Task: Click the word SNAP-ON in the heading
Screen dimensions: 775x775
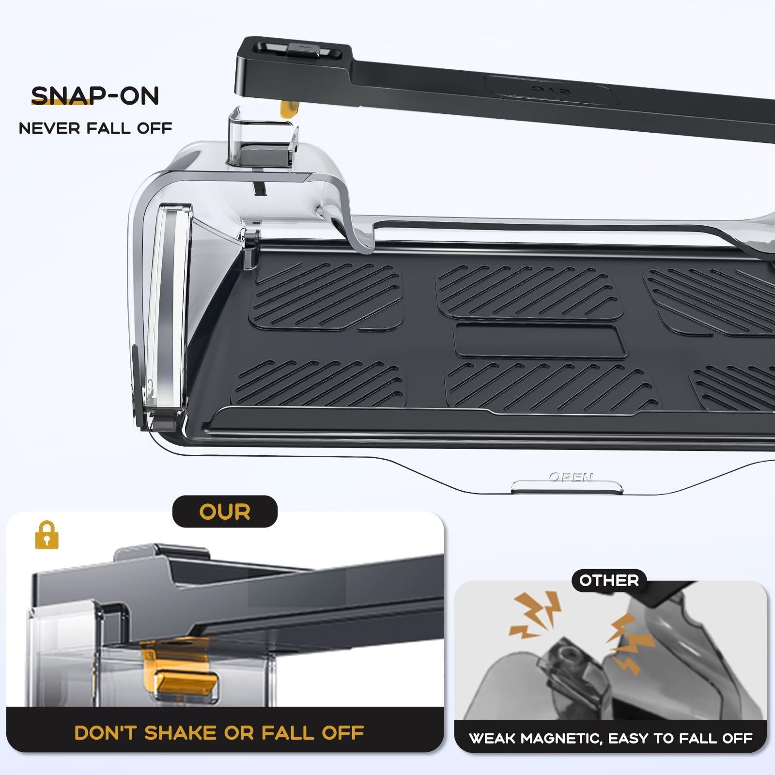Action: pyautogui.click(x=95, y=96)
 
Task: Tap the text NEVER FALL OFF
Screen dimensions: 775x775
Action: pyautogui.click(x=95, y=128)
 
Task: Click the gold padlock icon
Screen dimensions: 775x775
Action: pyautogui.click(x=46, y=535)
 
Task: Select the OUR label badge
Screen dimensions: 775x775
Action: pyautogui.click(x=225, y=511)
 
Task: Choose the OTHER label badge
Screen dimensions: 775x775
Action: pyautogui.click(x=609, y=580)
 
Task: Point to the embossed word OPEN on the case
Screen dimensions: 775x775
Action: pyautogui.click(x=571, y=478)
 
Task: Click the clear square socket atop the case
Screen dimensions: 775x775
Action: pyautogui.click(x=262, y=138)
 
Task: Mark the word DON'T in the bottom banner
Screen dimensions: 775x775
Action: pyautogui.click(x=107, y=733)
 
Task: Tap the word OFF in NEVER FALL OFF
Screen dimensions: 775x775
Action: pyautogui.click(x=154, y=128)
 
